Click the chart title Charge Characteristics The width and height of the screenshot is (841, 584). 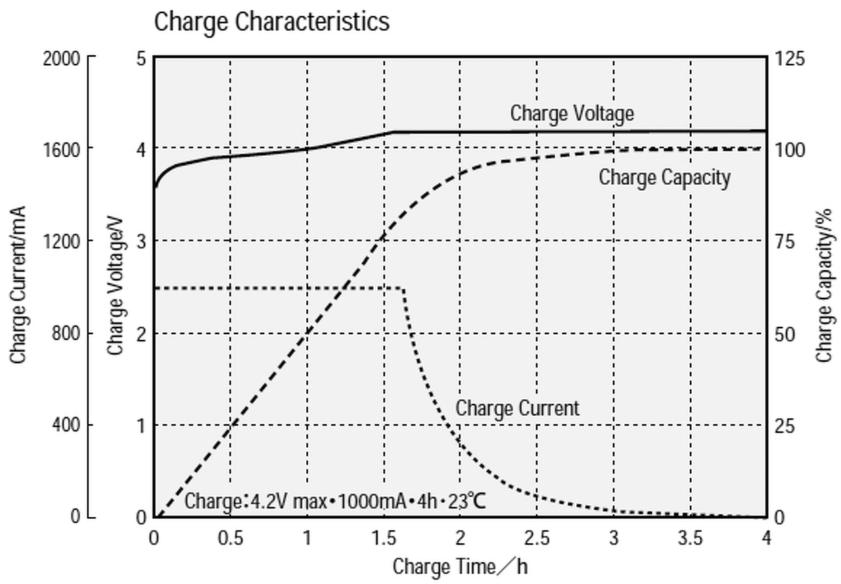tap(271, 22)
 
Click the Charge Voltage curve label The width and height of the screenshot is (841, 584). tap(572, 113)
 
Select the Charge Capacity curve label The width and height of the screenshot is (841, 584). tap(664, 178)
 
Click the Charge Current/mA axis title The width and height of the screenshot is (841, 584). tap(18, 284)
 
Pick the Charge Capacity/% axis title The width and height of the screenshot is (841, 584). tap(825, 284)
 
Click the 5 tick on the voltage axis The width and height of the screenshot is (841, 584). tap(140, 59)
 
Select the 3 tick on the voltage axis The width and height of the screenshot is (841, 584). tap(140, 242)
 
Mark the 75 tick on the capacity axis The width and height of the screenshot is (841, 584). tap(785, 242)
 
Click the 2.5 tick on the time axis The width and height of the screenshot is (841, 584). tap(537, 537)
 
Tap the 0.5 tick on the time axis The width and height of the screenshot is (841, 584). tap(231, 537)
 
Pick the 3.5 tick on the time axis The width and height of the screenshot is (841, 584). tap(690, 537)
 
